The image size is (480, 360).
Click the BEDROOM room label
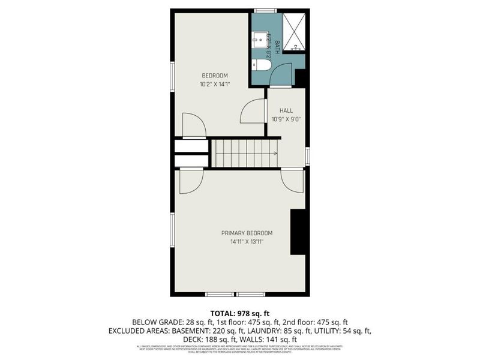tap(214, 75)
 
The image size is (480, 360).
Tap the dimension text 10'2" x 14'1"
tap(214, 84)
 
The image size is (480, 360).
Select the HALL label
tap(286, 110)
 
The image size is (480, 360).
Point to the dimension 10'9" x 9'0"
tap(286, 119)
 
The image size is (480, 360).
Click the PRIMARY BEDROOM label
tap(247, 233)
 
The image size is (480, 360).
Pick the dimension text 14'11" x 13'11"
tap(247, 242)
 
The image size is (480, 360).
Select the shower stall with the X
tap(294, 31)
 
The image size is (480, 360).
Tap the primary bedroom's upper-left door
tap(188, 182)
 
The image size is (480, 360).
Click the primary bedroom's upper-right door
tap(292, 181)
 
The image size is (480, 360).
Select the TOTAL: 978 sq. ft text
tap(240, 313)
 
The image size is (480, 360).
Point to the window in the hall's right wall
tap(307, 156)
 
